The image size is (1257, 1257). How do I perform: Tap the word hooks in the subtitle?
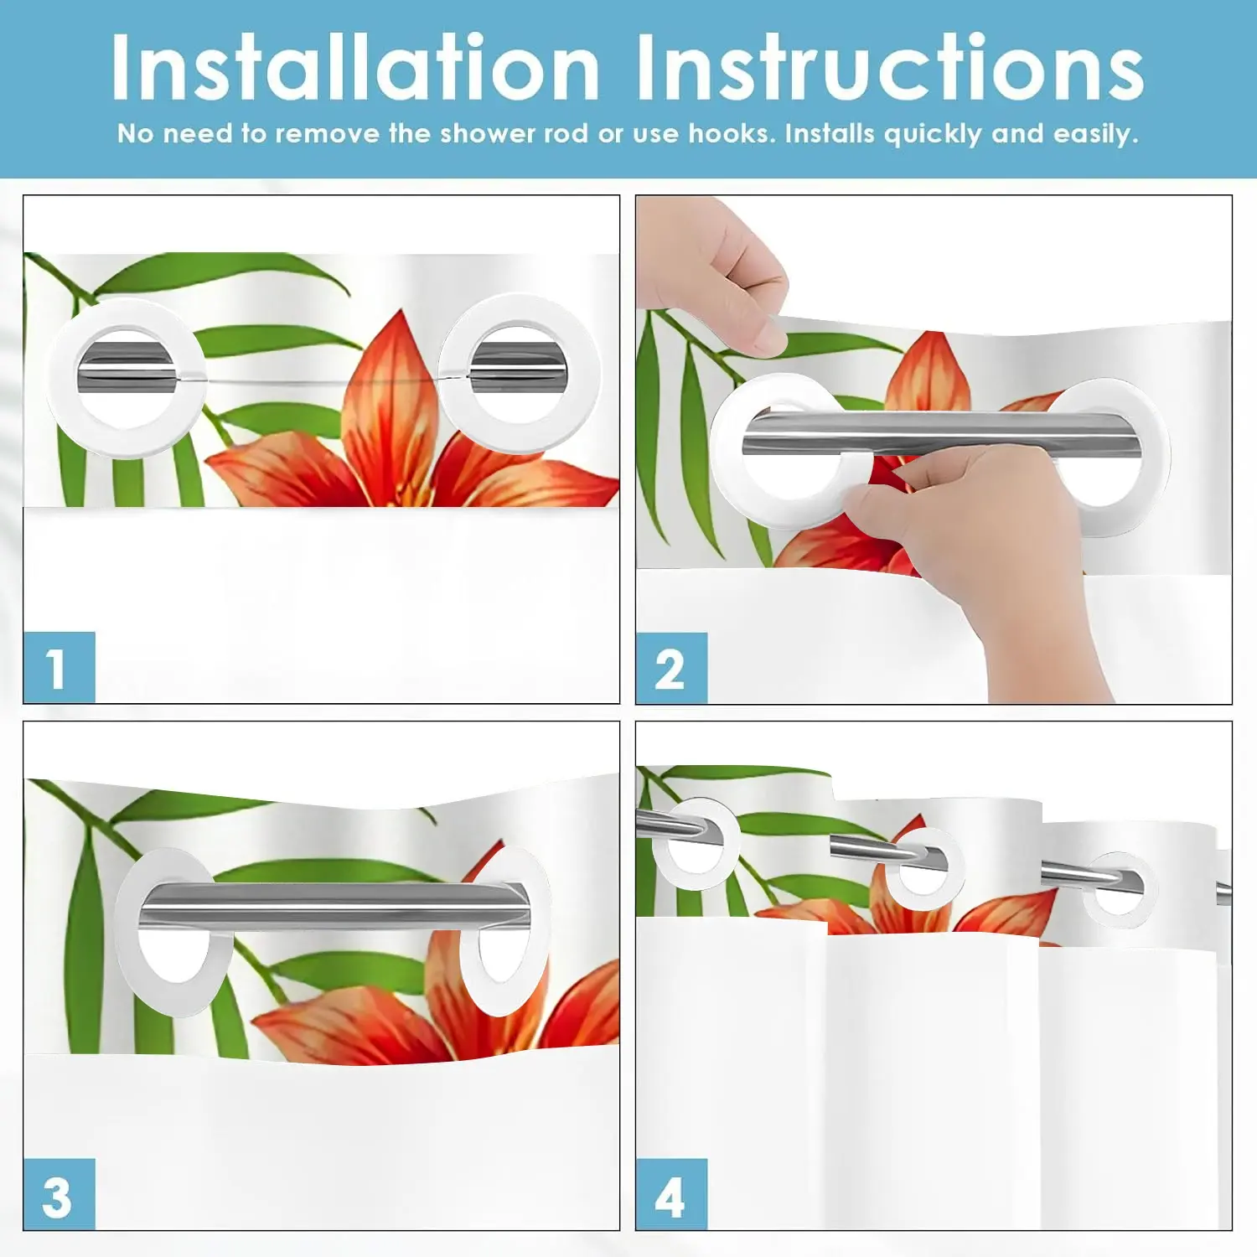(731, 133)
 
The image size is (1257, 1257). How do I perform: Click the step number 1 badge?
(59, 668)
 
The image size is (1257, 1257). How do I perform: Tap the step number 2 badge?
(671, 669)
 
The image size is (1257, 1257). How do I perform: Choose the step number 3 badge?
(59, 1194)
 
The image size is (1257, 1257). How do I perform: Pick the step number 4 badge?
(671, 1194)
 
